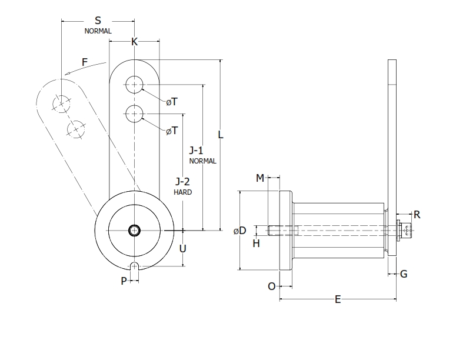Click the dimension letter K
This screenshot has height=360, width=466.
coord(134,42)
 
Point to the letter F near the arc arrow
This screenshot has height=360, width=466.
coord(85,61)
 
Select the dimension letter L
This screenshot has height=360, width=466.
coord(221,134)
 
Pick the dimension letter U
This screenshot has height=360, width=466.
coord(183,248)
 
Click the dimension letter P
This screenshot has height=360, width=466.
coord(124,281)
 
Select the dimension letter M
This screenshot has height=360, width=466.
coord(259,178)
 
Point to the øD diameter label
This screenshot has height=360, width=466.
coord(239,231)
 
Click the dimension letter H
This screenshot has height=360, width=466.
coord(256,243)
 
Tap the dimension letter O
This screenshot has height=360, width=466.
coord(271,286)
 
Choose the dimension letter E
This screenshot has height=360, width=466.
coord(338,299)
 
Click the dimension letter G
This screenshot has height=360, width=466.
coord(404,274)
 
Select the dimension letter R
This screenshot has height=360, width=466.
coord(417,214)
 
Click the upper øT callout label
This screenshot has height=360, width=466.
coord(171,102)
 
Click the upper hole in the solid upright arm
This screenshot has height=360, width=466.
coord(135,85)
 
